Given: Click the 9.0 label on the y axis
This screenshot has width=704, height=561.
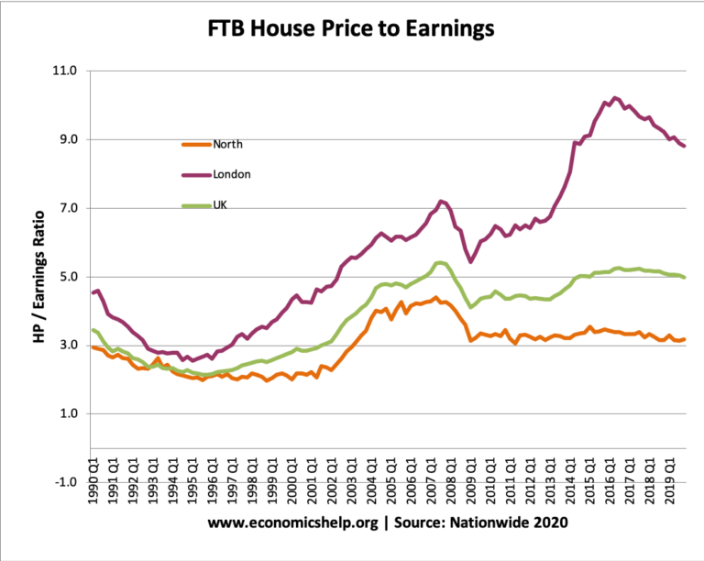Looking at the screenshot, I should click(x=67, y=139).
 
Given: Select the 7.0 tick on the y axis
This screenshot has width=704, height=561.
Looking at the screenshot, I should click(x=67, y=208).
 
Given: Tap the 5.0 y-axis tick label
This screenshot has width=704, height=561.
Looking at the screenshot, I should click(x=67, y=277).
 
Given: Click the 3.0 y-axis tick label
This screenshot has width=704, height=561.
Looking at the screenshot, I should click(x=67, y=346).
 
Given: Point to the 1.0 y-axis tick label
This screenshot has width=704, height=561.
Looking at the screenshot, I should click(x=67, y=414).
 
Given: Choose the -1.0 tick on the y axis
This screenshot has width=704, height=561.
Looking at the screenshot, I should click(x=65, y=482).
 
